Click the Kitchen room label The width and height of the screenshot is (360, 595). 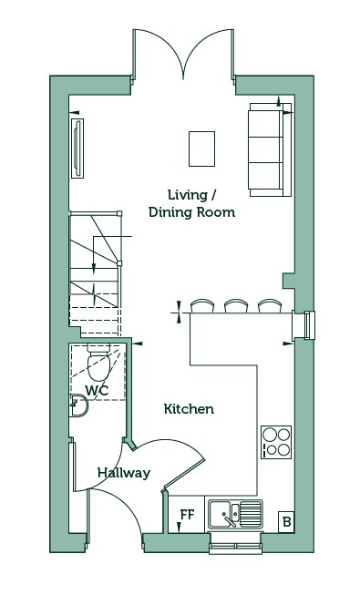point(189,409)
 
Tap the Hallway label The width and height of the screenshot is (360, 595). point(124,473)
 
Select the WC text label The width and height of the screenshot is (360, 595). point(97,390)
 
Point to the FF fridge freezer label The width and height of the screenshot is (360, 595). point(187,514)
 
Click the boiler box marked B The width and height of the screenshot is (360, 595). point(286,522)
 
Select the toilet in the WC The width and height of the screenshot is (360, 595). point(98,362)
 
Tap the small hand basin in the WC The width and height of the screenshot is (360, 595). point(78,405)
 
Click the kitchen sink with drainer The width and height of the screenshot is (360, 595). point(235,514)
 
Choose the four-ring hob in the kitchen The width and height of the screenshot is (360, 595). point(276,442)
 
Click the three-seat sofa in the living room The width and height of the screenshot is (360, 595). point(270,149)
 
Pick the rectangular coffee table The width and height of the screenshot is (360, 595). point(201,149)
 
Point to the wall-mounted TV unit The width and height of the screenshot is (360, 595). point(77,148)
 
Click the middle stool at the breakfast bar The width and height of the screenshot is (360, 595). point(236,306)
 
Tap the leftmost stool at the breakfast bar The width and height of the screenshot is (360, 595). point(202,306)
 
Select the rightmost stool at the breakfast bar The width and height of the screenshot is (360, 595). point(270,306)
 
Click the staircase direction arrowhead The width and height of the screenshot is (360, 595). point(94,269)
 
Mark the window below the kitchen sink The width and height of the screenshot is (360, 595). point(235,543)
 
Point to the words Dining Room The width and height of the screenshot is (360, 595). point(191,212)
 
